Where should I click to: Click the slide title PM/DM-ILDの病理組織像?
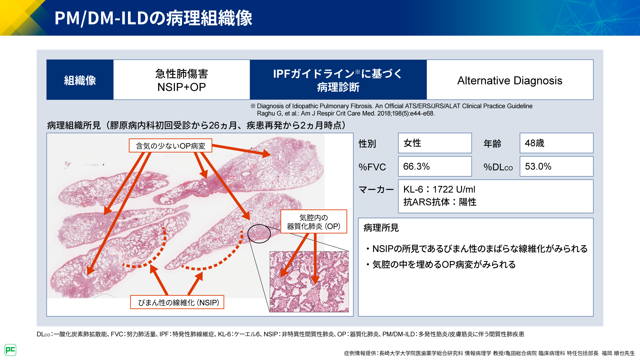(x=153, y=18)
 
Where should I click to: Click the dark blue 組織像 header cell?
(x=80, y=80)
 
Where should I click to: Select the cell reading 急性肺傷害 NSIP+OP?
(x=182, y=80)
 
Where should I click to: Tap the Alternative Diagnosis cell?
(x=510, y=80)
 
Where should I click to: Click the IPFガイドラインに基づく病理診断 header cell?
(x=338, y=80)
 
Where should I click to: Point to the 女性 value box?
(x=435, y=143)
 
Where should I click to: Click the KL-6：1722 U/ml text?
(x=439, y=189)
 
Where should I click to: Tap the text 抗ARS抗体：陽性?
(x=440, y=202)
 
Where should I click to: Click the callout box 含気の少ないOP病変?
(x=170, y=146)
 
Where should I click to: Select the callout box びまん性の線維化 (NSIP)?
(x=177, y=302)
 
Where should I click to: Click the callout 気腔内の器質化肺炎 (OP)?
(x=314, y=222)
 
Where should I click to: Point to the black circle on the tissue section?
(x=259, y=233)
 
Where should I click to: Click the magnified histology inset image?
(x=309, y=282)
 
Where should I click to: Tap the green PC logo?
(x=10, y=350)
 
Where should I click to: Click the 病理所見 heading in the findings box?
(x=381, y=228)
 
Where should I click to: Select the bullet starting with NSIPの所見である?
(x=479, y=249)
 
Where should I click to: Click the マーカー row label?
(x=376, y=190)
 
